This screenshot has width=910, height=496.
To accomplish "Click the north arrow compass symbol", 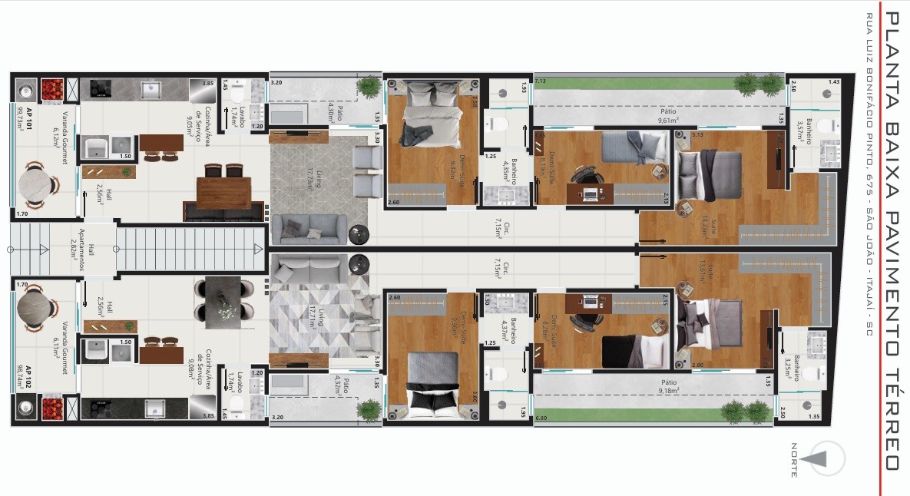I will [x=820, y=459].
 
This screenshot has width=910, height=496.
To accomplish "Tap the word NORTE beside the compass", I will [x=794, y=460].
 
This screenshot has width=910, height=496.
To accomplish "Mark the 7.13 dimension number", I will [x=541, y=81].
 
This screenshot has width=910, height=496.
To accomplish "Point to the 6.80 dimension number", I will [x=541, y=418].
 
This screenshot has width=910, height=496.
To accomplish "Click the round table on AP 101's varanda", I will [x=35, y=185].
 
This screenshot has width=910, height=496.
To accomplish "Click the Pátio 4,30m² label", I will [x=336, y=112].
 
